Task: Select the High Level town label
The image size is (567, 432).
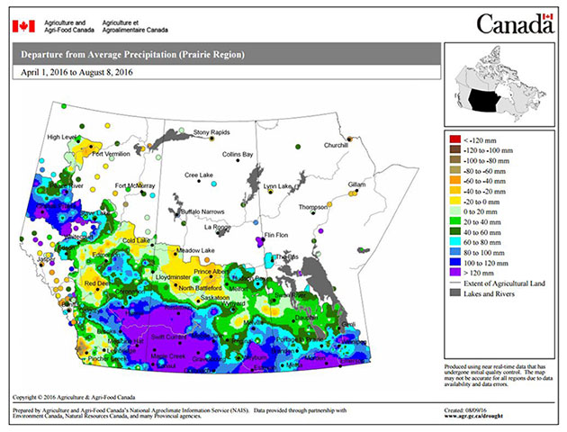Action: pyautogui.click(x=63, y=137)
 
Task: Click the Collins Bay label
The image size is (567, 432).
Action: pyautogui.click(x=238, y=155)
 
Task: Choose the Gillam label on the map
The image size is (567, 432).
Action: pyautogui.click(x=356, y=184)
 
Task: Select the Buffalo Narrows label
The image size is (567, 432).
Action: pyautogui.click(x=201, y=210)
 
